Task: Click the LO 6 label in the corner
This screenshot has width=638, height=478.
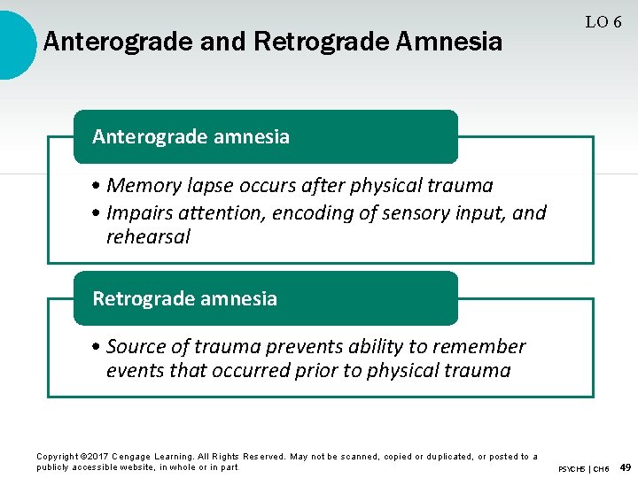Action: (603, 22)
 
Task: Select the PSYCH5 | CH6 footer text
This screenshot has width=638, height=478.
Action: (583, 467)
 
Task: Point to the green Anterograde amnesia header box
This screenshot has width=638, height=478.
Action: (265, 136)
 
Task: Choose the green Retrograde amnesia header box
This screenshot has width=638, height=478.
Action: (265, 298)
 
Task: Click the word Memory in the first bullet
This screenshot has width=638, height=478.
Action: (142, 185)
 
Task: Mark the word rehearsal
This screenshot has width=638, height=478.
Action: (148, 236)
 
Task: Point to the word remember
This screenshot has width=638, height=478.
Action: (478, 346)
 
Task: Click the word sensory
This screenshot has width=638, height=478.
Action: (412, 212)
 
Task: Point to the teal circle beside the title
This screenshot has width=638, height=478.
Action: (13, 42)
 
